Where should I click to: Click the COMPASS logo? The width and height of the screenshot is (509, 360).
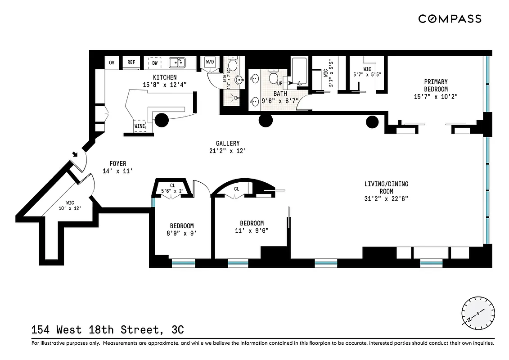[x=450, y=19]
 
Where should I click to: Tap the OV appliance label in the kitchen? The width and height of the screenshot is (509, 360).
[x=112, y=63]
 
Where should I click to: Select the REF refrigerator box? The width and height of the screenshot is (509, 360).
[x=131, y=63]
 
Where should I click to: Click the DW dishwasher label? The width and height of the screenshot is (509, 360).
[x=155, y=63]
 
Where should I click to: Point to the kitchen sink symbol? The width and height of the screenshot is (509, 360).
[x=177, y=62]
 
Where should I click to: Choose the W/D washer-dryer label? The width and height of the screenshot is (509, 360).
[x=210, y=62]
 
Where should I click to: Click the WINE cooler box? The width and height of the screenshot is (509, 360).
[x=140, y=126]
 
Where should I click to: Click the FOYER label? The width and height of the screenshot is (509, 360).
[x=118, y=164]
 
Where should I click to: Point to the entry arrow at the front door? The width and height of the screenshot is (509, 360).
[x=75, y=155]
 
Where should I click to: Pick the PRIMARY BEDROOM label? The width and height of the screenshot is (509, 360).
[x=436, y=85]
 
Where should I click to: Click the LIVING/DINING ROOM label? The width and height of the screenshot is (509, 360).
[x=387, y=188]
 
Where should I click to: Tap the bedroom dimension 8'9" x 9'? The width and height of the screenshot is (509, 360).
[x=181, y=234]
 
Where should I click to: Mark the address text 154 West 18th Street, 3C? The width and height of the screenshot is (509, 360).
[x=108, y=330]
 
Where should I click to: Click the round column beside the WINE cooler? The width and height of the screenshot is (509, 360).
[x=162, y=120]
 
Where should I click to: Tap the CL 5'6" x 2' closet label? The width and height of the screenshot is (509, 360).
[x=173, y=188]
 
